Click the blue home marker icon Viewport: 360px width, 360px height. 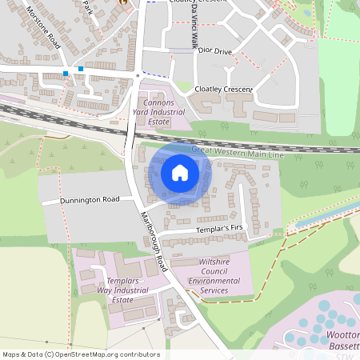[x=180, y=173]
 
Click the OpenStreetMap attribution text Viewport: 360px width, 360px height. [x=81, y=354]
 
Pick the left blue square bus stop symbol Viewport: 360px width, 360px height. [x=66, y=74]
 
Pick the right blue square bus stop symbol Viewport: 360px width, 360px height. [x=81, y=70]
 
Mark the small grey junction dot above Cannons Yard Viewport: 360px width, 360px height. [x=138, y=76]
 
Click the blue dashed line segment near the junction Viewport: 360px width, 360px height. [x=157, y=74]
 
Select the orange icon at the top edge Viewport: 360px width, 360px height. [x=123, y=2]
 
